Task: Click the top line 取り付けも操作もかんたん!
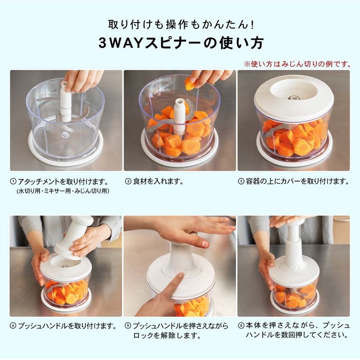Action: [180, 23]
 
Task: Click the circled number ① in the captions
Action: [13, 182]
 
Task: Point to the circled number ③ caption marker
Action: [241, 182]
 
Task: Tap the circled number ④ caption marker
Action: [13, 325]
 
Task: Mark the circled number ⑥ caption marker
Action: [241, 325]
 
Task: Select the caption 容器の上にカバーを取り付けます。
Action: [297, 182]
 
